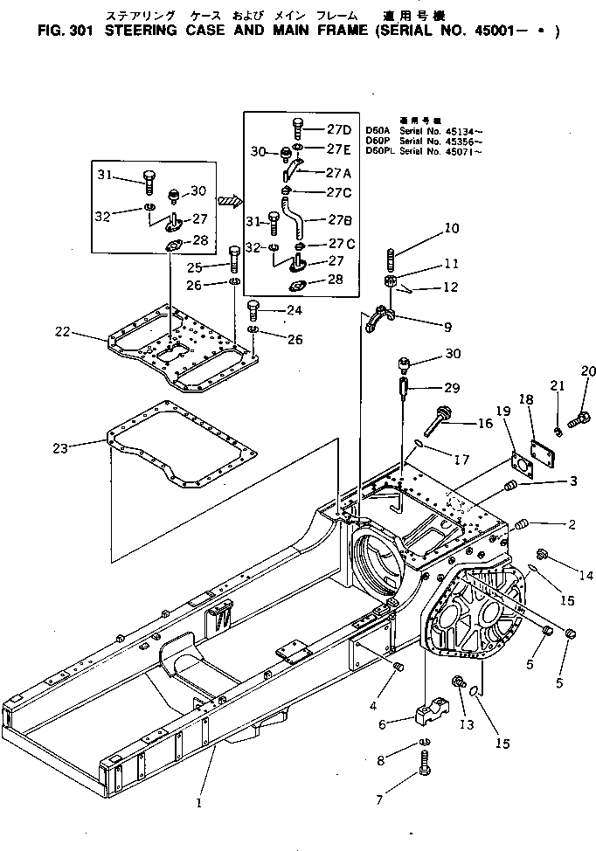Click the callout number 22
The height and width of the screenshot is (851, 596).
62,331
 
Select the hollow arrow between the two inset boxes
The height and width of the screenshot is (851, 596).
228,201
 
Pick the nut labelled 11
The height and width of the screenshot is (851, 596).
392,282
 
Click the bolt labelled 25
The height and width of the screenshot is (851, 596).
235,257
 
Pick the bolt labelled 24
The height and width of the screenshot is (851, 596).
254,308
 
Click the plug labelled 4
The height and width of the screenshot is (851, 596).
399,668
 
